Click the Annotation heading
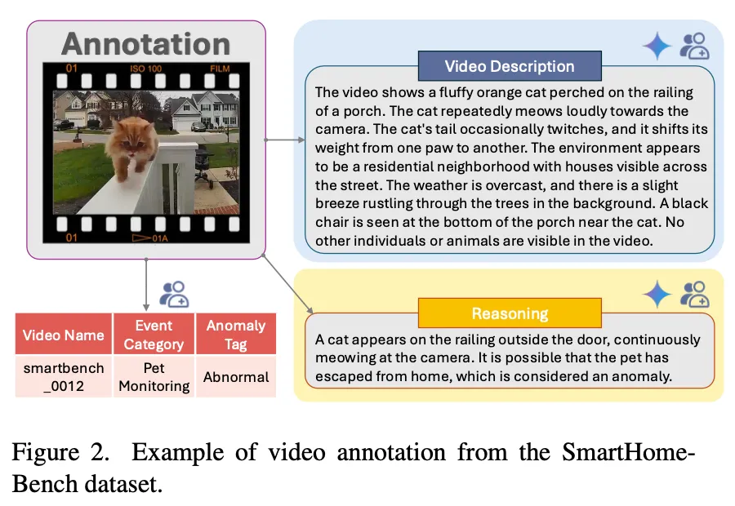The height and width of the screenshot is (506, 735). (x=146, y=44)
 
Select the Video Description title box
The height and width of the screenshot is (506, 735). (x=510, y=66)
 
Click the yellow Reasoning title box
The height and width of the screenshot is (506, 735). (x=510, y=313)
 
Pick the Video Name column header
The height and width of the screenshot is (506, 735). (x=63, y=334)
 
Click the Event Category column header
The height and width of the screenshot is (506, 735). (x=154, y=334)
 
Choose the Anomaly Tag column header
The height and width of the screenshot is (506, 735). (x=236, y=334)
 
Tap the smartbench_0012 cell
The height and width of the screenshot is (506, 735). (x=63, y=377)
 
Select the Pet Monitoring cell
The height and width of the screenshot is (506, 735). (x=154, y=377)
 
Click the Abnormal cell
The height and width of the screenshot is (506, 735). (x=236, y=377)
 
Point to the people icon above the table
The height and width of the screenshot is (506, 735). (x=174, y=294)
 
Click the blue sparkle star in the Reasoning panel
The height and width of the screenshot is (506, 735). (x=657, y=294)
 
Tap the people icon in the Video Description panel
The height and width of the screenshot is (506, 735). (x=694, y=46)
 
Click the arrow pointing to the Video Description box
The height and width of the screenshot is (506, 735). (x=284, y=140)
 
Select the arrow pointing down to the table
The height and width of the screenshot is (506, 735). (x=146, y=284)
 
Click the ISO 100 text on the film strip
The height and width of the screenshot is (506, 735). (x=146, y=69)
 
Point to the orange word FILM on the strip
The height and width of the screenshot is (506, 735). (x=220, y=69)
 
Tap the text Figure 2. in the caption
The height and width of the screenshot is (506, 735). (x=60, y=453)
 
